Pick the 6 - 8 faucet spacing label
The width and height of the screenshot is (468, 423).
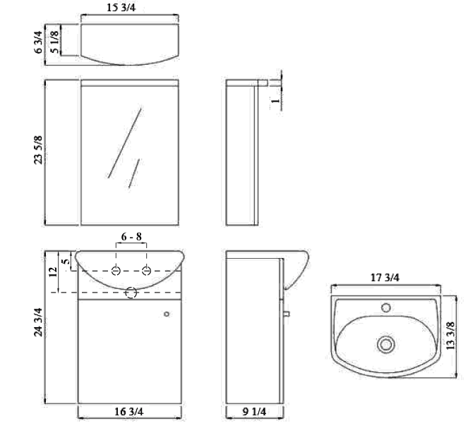(x=131, y=238)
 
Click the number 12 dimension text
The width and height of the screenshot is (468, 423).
(x=52, y=271)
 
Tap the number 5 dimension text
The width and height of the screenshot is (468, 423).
(x=66, y=261)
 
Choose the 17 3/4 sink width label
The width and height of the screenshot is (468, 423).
(x=385, y=278)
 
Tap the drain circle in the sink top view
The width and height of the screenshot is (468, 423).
(x=385, y=344)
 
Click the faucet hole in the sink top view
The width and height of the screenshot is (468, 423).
(x=385, y=307)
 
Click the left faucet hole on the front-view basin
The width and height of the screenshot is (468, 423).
(x=116, y=271)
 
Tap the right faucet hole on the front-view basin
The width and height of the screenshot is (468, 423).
(x=146, y=271)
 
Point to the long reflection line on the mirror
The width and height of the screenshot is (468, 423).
(x=124, y=142)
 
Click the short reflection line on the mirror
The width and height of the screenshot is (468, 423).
(x=135, y=171)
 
